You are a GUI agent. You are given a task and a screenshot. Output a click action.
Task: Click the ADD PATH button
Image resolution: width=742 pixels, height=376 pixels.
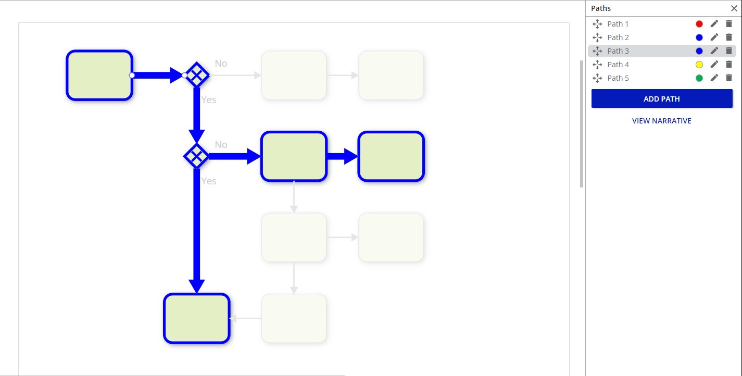pos(662,99)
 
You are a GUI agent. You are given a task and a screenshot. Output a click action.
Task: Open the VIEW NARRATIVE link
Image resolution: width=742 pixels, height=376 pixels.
pos(661,121)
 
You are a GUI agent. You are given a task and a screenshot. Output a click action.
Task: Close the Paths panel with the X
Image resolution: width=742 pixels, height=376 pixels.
pos(734,8)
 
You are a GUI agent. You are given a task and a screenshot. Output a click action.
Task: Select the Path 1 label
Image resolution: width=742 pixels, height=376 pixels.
pos(618,24)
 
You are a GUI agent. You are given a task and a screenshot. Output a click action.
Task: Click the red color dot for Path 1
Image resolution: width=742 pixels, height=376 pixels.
pos(699,24)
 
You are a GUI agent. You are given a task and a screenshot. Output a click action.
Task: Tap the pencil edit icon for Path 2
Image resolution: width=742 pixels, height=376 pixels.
pos(714,37)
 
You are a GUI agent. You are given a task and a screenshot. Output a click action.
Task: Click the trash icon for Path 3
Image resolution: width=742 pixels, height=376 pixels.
pos(729,51)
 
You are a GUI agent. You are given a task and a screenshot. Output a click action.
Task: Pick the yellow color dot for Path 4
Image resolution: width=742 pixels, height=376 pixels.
pos(699,65)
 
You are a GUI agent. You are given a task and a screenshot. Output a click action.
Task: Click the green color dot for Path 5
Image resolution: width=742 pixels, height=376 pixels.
pos(699,78)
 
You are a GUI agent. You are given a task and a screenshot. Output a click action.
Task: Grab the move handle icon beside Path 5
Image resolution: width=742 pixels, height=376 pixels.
pos(597,78)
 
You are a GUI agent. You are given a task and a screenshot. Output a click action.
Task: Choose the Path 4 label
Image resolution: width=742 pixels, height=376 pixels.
pos(618,65)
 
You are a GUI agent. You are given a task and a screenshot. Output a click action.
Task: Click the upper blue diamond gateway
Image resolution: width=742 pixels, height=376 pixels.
pos(197,75)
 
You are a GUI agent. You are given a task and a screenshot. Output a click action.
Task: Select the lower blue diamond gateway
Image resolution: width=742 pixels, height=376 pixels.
pos(196,156)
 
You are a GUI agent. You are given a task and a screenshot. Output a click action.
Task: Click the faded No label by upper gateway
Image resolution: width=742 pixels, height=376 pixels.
pos(221,63)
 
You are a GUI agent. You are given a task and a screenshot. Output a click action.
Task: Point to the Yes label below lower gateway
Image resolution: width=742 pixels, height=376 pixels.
pos(209,181)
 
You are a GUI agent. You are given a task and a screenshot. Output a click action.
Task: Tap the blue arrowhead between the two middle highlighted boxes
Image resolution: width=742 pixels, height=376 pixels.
pos(351,156)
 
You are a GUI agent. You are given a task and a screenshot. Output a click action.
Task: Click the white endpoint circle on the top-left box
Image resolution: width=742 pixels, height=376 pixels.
pos(132,75)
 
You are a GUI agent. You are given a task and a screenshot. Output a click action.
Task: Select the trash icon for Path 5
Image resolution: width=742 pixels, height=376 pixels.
pos(729,78)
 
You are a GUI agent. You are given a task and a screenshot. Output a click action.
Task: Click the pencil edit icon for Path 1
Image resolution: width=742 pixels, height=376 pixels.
pos(714,24)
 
